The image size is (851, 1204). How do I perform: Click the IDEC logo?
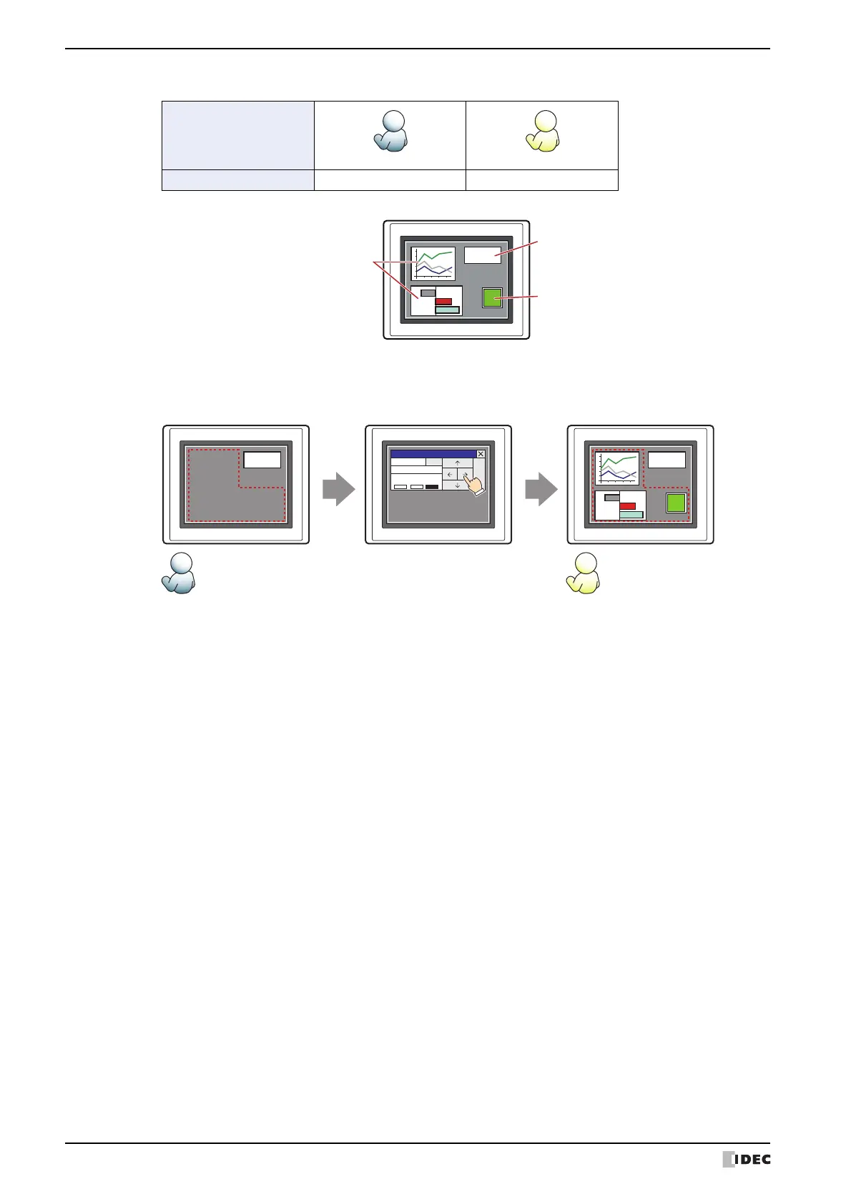747,1159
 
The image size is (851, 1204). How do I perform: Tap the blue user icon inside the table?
390,132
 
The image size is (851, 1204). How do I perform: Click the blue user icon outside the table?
179,573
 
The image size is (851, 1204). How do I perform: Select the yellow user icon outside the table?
583,573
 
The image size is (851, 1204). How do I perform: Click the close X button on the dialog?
481,454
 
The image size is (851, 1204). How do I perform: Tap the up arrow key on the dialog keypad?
458,463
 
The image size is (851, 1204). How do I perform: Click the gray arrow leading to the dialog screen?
338,491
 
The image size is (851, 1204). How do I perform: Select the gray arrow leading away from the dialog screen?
541,491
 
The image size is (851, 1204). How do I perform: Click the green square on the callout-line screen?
492,297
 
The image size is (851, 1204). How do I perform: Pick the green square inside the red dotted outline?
676,503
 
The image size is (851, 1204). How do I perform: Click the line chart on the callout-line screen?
433,263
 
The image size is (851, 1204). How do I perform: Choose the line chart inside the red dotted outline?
617,468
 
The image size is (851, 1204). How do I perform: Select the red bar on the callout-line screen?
443,302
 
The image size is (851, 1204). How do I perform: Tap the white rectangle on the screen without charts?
262,460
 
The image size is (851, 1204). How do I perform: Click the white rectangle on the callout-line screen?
483,255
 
